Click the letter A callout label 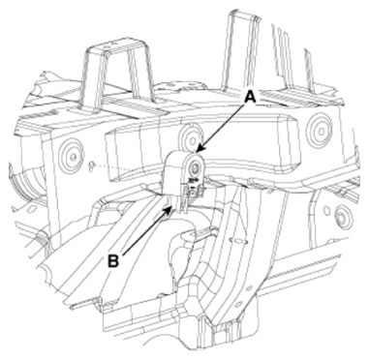[x=250, y=97]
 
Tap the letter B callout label [x=113, y=261]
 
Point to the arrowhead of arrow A [x=199, y=149]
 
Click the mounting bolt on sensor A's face [x=195, y=167]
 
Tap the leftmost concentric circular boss [x=72, y=156]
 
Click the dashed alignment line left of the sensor [x=129, y=167]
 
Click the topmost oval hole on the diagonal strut [x=237, y=241]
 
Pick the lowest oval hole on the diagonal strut [x=238, y=305]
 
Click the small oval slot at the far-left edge [x=31, y=209]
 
